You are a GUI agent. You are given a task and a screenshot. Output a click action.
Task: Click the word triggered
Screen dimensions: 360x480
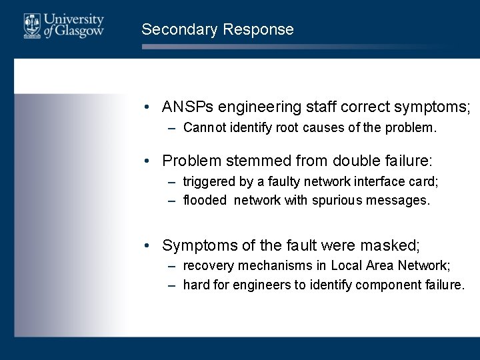point(208,182)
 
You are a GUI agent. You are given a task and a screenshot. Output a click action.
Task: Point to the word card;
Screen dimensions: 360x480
point(425,182)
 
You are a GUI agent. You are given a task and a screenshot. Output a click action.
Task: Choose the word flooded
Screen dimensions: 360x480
point(205,200)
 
